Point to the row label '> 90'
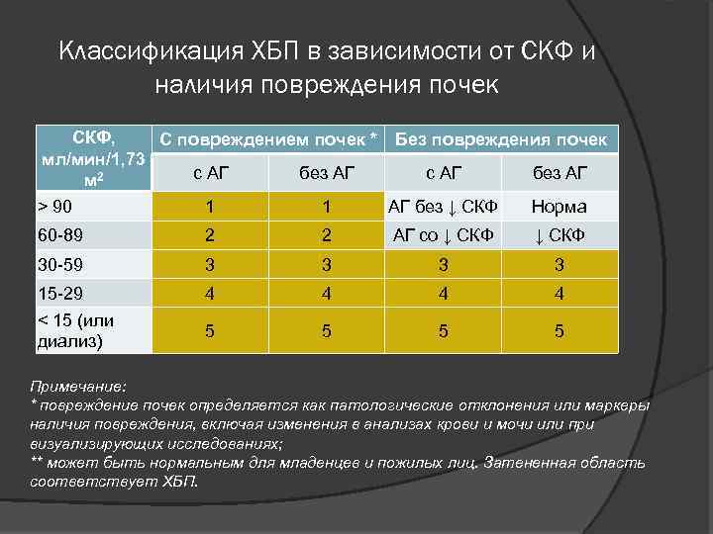(x=54, y=207)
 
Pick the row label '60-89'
(x=58, y=235)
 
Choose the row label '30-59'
(x=58, y=264)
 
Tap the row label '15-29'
(x=58, y=293)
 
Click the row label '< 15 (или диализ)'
(x=76, y=332)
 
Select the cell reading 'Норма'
(x=559, y=207)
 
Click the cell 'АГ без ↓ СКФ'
(x=443, y=207)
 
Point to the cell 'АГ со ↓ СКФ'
(x=443, y=235)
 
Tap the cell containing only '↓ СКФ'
(x=559, y=235)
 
